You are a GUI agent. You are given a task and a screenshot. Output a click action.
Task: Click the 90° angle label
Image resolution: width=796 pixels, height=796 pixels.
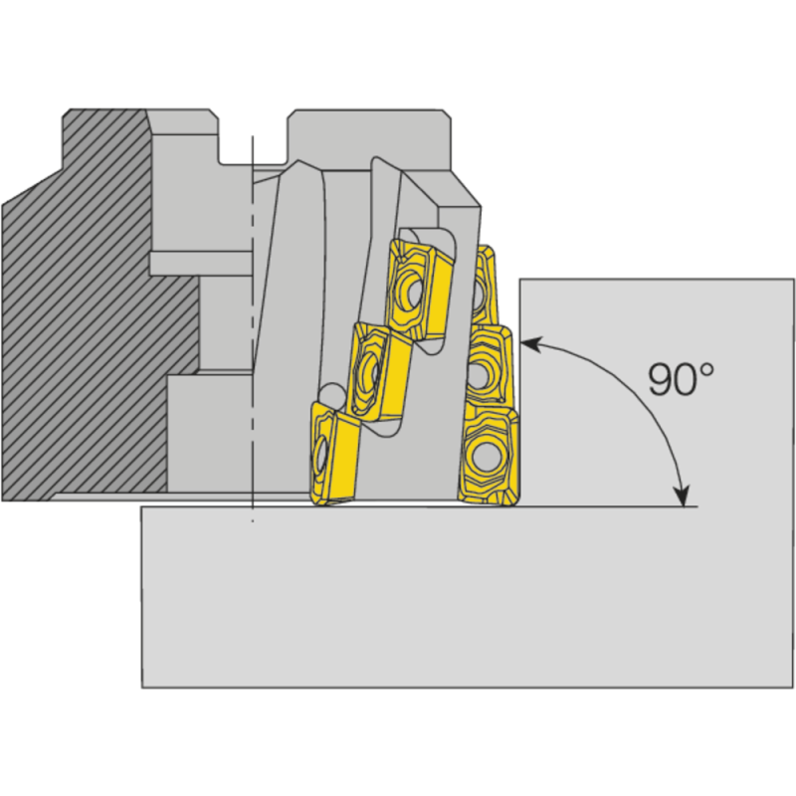(681, 380)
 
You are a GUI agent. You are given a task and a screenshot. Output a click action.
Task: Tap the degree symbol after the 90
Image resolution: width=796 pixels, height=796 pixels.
(705, 369)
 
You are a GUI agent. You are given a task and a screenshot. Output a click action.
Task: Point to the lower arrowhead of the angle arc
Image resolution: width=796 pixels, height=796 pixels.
(683, 497)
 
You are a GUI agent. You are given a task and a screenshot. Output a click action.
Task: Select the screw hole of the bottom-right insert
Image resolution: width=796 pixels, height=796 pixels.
(487, 457)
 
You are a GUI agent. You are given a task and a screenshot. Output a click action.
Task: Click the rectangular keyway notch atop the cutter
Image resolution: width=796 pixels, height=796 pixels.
(253, 139)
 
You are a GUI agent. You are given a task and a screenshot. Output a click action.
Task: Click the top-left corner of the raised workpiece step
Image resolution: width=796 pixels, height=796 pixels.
(520, 279)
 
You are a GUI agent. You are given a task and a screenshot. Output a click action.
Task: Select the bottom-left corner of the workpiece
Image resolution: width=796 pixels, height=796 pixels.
(142, 687)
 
